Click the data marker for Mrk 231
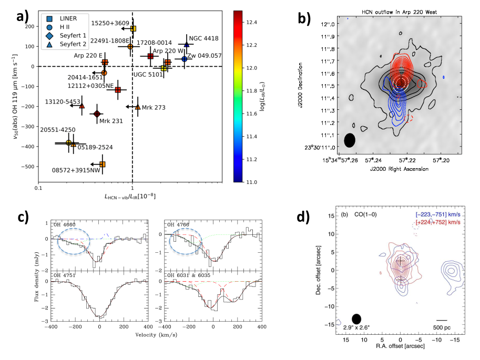point(97,114)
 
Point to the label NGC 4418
point(204,38)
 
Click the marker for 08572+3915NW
point(103,164)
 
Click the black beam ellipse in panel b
point(349,140)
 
